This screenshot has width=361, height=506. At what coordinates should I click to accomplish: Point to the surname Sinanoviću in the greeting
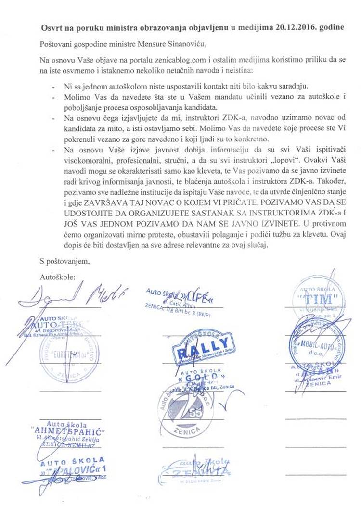(x=184, y=46)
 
